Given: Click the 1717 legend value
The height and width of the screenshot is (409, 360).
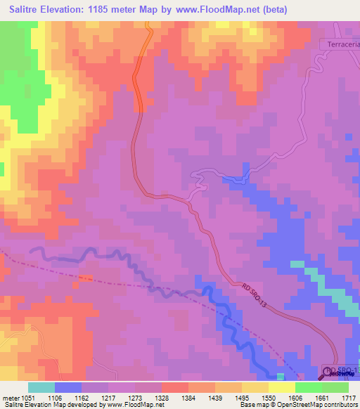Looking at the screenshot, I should click(x=348, y=397).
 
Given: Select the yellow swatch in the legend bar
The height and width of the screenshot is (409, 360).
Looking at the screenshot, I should click(x=281, y=387).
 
